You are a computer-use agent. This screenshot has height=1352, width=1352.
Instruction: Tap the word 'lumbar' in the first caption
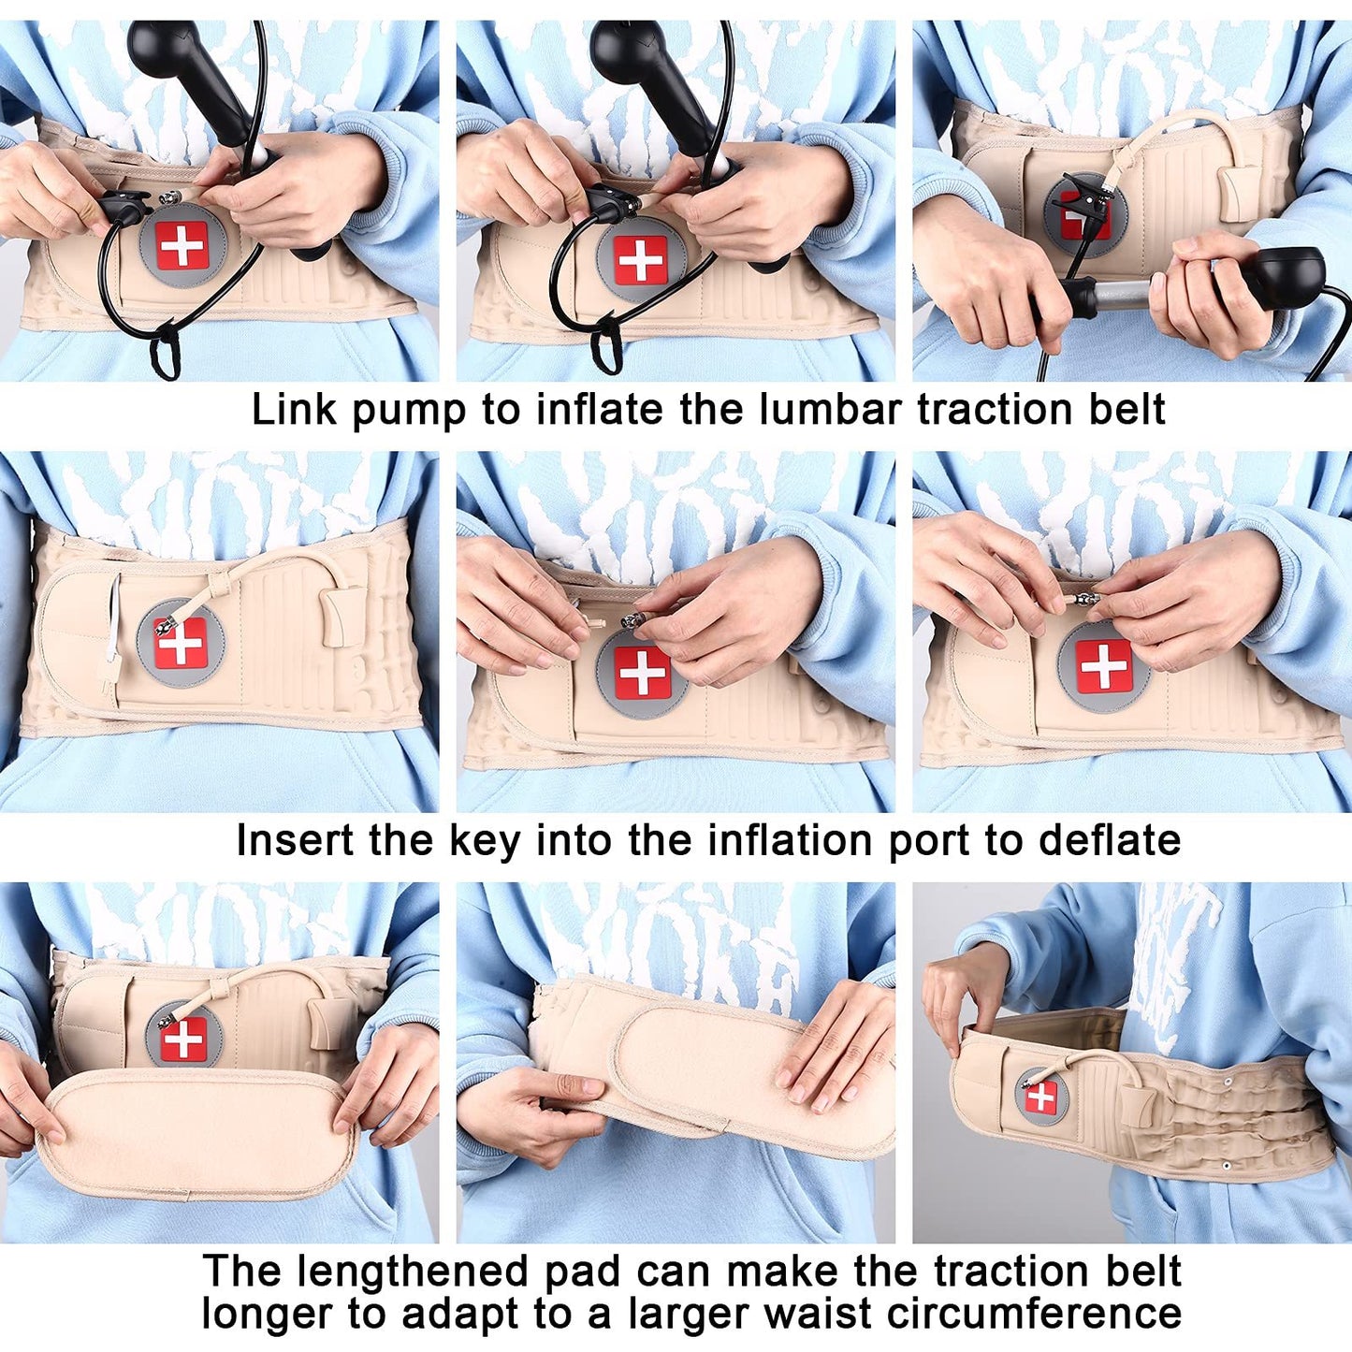830,410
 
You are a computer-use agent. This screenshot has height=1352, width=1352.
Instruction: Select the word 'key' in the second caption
484,841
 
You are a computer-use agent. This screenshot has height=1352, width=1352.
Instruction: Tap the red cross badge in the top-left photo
182,246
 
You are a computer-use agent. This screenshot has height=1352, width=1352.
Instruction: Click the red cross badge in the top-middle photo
640,259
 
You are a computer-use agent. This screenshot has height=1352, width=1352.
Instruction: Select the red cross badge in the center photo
642,672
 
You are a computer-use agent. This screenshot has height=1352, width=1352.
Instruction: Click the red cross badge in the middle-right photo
1103,666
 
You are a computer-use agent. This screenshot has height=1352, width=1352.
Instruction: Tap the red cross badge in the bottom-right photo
1041,1096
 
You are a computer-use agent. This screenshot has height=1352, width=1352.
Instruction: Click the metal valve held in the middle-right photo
1086,599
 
